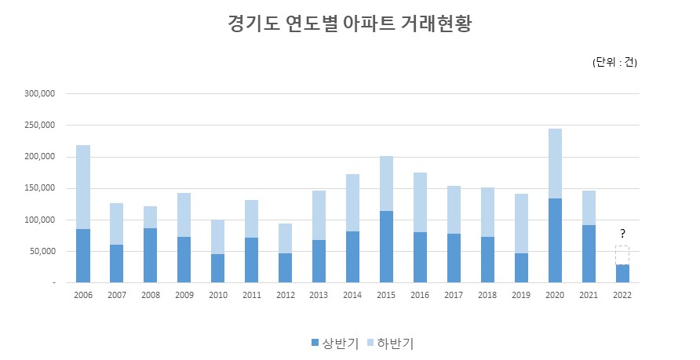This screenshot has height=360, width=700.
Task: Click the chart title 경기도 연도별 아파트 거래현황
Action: tap(349, 23)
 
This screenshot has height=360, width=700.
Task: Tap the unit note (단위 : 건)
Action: tap(614, 63)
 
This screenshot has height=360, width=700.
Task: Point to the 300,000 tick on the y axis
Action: tap(38, 93)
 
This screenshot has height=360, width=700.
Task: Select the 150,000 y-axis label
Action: tap(38, 188)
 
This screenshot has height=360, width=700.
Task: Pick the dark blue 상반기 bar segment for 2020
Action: tap(555, 240)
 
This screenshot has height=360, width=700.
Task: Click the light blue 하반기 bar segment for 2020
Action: tap(555, 163)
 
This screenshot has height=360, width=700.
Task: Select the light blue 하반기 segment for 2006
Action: tap(83, 187)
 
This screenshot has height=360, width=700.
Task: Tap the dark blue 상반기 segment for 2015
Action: tap(386, 246)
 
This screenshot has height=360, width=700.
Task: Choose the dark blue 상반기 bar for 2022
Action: tap(622, 273)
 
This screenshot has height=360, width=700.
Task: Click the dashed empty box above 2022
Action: tap(622, 255)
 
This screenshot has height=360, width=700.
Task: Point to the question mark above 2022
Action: tap(622, 234)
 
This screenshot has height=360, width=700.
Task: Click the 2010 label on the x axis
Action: tap(218, 296)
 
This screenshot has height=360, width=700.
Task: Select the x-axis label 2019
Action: tap(521, 296)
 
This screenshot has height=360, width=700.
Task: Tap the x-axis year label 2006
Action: tap(83, 296)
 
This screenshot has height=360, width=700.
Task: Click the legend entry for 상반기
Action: tap(335, 343)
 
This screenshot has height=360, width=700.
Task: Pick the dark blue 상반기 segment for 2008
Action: tap(151, 255)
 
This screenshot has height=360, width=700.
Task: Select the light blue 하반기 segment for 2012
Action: tap(285, 238)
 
